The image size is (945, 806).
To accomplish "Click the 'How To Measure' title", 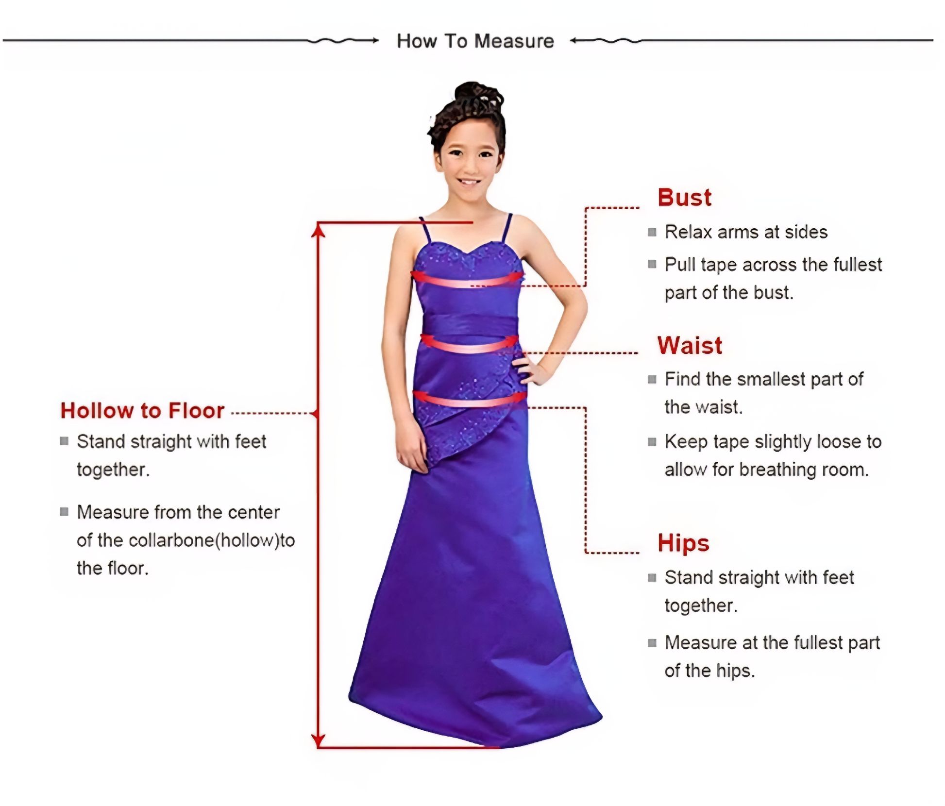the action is tap(475, 41).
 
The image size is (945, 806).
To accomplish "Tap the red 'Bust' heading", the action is tap(684, 198).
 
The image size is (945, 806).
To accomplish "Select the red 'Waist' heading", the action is tap(690, 345).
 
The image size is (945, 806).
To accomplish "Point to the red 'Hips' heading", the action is tap(683, 543).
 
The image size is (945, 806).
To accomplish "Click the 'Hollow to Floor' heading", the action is tap(142, 411).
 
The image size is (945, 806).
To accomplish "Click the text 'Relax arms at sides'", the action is tap(746, 232).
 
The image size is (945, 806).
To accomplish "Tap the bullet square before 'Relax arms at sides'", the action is tap(652, 233).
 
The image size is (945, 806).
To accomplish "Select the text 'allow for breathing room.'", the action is tap(766, 470).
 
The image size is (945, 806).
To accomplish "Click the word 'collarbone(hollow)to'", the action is tap(212, 540).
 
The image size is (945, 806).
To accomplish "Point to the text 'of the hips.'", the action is tap(709, 671).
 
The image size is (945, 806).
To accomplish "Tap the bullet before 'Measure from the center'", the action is tap(64, 512).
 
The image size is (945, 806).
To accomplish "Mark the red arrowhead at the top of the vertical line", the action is tap(318, 230).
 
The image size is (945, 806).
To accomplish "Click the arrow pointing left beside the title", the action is tap(606, 41).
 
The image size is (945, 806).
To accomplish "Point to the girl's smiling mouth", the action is tap(469, 182).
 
